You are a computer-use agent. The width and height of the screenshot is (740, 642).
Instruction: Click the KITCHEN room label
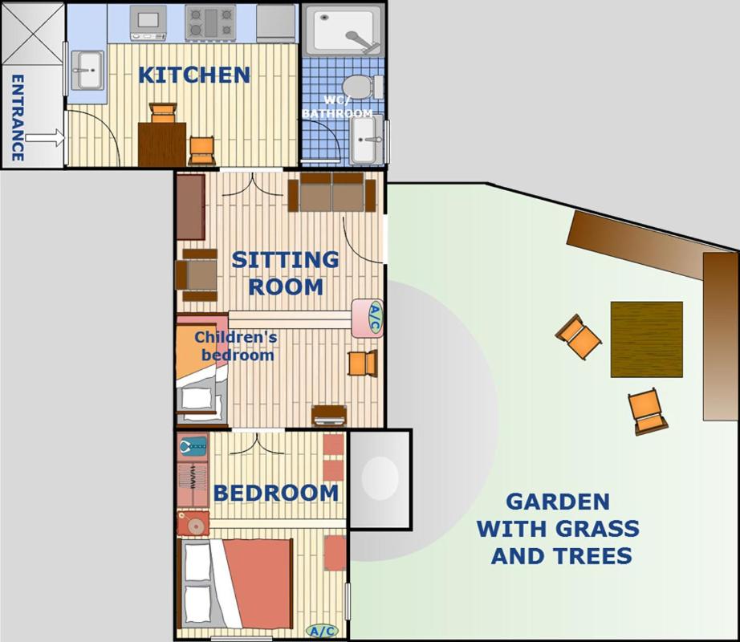click(x=194, y=75)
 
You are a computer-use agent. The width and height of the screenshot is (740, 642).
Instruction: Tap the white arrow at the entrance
click(x=44, y=138)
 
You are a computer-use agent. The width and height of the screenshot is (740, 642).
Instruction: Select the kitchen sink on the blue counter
click(x=87, y=70)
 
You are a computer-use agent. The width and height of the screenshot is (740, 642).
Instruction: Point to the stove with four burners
click(x=210, y=22)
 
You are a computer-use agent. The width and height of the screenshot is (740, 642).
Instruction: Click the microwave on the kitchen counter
click(x=148, y=22)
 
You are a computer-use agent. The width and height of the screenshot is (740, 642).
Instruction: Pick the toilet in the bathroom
click(x=363, y=87)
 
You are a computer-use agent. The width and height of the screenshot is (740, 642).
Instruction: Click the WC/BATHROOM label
click(x=337, y=107)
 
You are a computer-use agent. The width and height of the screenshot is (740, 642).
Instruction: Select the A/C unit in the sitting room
click(x=367, y=318)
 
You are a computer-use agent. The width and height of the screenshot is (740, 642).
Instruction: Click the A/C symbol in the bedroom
click(x=323, y=631)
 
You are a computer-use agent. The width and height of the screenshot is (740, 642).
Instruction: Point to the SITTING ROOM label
click(x=286, y=273)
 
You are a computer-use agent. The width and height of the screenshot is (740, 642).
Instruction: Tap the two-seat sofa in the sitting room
click(x=331, y=192)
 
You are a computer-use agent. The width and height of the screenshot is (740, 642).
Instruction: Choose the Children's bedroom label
click(x=236, y=346)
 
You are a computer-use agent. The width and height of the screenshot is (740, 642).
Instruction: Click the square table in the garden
click(x=647, y=339)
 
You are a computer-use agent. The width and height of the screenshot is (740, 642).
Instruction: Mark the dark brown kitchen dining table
click(x=162, y=144)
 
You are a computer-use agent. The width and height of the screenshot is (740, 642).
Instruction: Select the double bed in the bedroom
click(x=235, y=583)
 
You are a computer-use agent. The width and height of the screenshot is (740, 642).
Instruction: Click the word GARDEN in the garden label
click(x=558, y=502)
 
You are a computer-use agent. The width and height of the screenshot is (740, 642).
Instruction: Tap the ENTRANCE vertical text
click(x=18, y=117)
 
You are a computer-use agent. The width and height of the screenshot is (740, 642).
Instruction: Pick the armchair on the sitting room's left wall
click(x=197, y=275)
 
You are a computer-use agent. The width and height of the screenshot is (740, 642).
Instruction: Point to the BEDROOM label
click(x=276, y=493)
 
